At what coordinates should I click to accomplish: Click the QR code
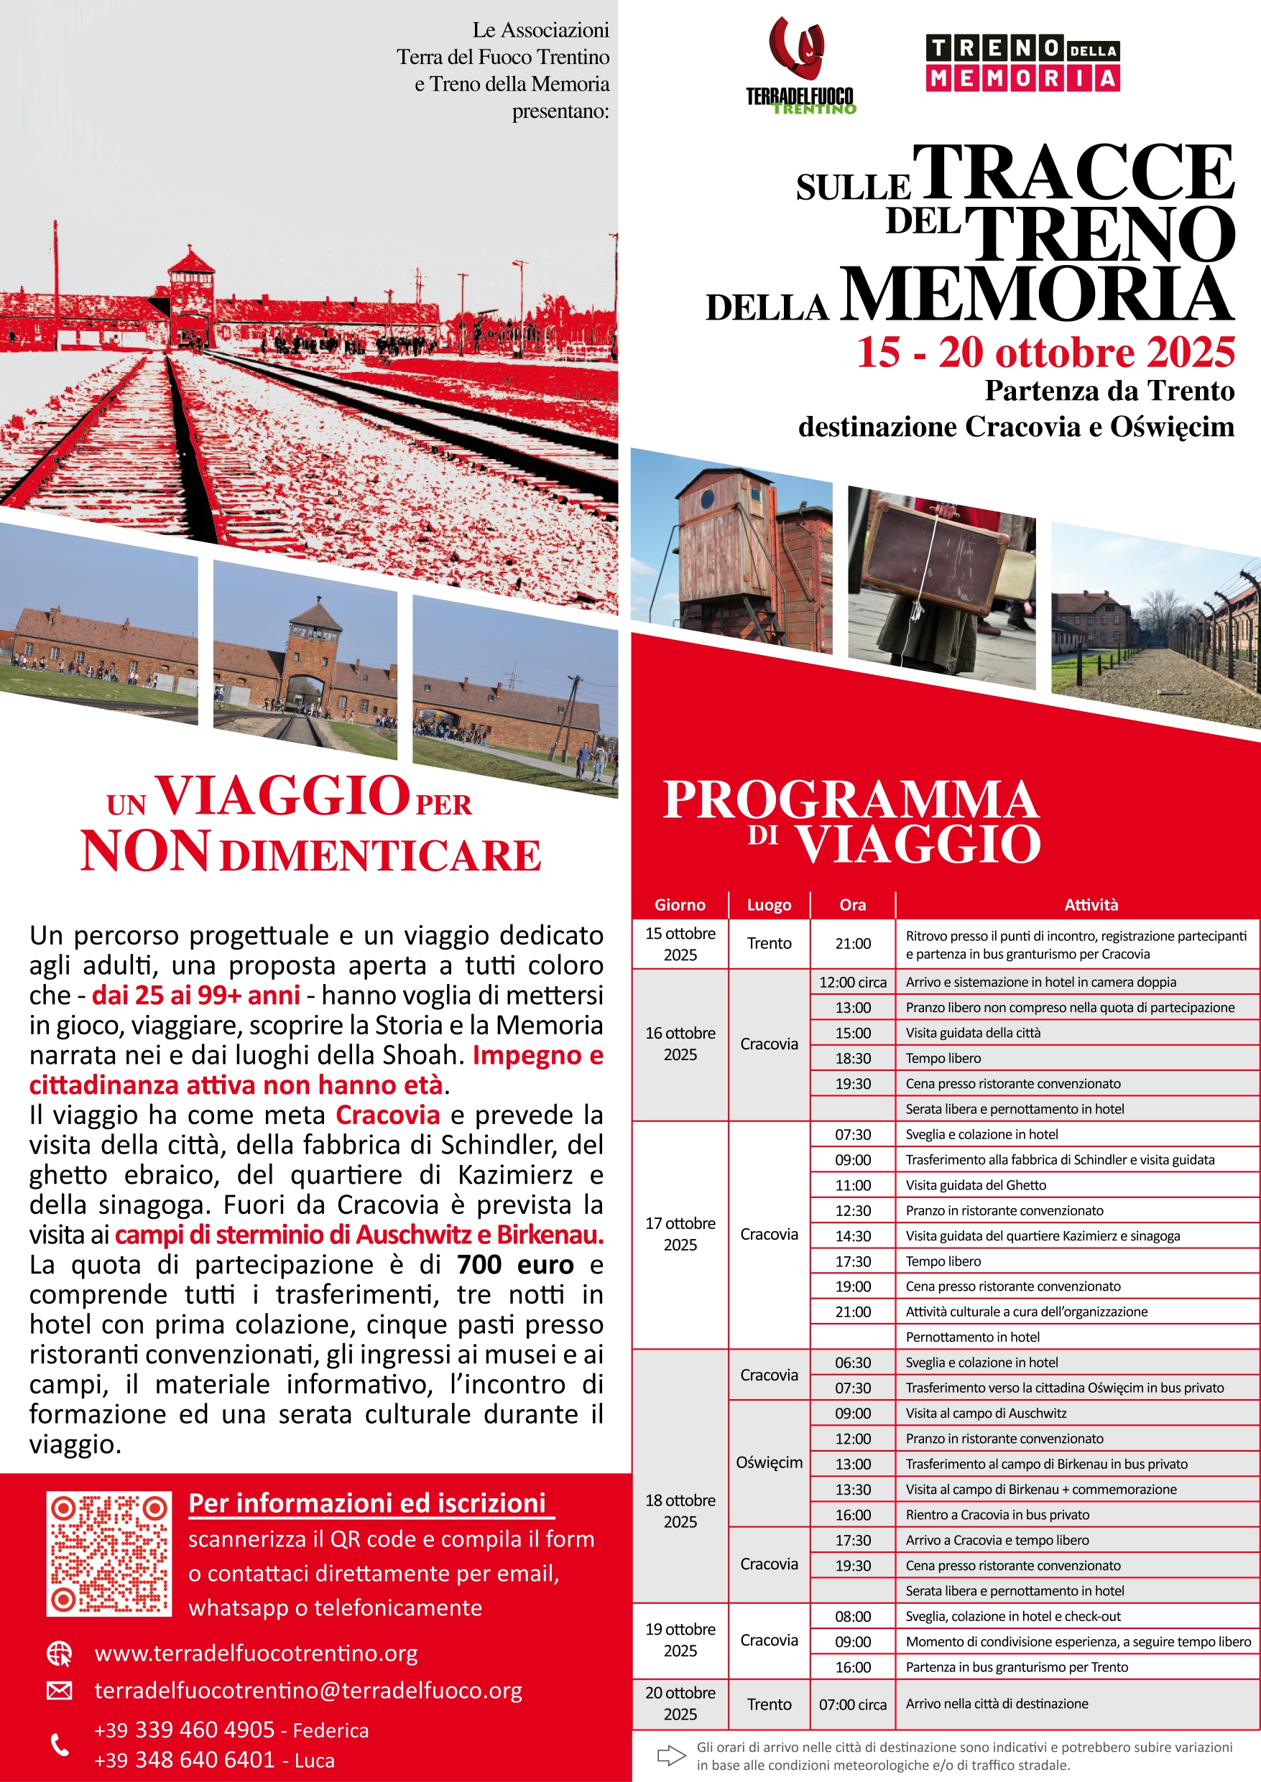(108, 1553)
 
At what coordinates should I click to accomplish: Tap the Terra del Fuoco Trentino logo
(800, 66)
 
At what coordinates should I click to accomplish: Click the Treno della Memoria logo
(1022, 63)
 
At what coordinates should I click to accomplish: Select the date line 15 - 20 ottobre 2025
(1045, 353)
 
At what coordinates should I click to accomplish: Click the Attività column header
(1091, 905)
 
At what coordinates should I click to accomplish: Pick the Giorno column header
(680, 905)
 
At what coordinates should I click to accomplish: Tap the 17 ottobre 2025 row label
(680, 1234)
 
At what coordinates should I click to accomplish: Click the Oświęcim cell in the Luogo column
(769, 1462)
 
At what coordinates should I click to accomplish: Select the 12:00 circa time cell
(853, 983)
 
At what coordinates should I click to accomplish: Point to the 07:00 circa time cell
(853, 1704)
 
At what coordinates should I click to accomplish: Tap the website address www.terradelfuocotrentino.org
(257, 1653)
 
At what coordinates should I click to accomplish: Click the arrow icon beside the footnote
(671, 1755)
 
